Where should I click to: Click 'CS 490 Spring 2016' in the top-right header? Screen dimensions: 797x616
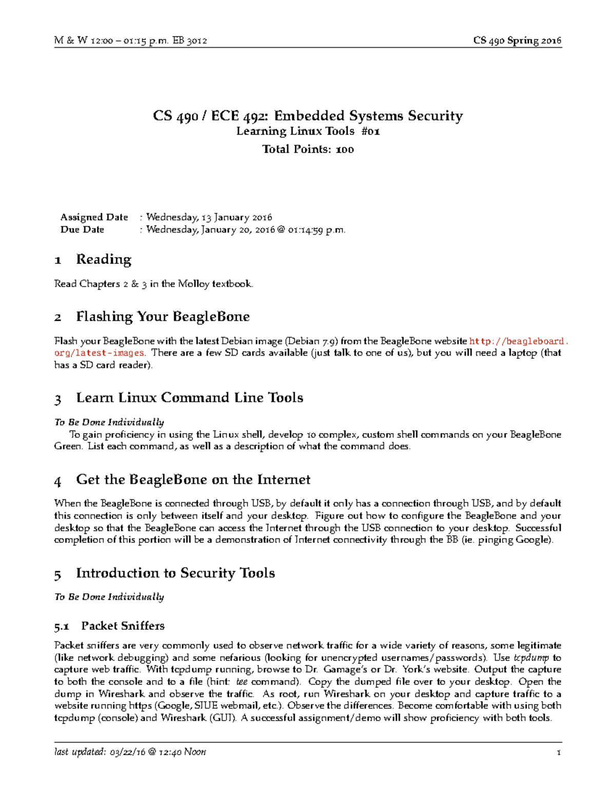pos(517,41)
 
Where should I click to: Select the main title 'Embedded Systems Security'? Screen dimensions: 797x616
pos(368,116)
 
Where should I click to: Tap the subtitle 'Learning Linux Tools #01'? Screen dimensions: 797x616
pos(308,131)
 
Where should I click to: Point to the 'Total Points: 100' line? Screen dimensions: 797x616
pos(308,149)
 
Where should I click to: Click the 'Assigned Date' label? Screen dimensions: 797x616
pos(94,217)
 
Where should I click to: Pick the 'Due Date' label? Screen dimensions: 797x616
pos(82,229)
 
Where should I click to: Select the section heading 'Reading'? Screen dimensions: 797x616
pos(104,260)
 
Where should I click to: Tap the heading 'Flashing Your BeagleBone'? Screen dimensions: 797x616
pos(163,317)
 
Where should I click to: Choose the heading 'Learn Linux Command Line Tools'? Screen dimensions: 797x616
pos(189,398)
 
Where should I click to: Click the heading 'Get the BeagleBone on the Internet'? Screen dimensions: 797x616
pos(193,480)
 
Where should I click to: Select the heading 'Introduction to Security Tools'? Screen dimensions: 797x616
pos(175,573)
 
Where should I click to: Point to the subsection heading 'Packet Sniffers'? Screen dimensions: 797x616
pos(123,626)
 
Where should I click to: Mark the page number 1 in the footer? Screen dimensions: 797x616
pos(559,753)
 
